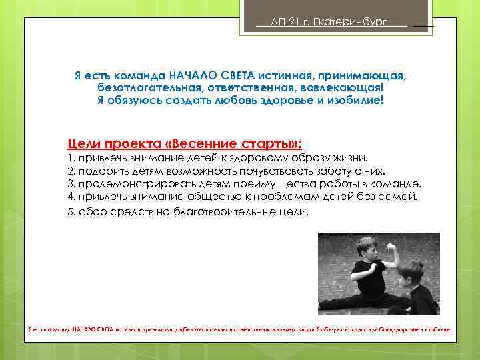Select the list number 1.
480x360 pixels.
click(71, 159)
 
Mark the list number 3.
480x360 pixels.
click(71, 183)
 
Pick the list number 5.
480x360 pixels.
click(71, 211)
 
